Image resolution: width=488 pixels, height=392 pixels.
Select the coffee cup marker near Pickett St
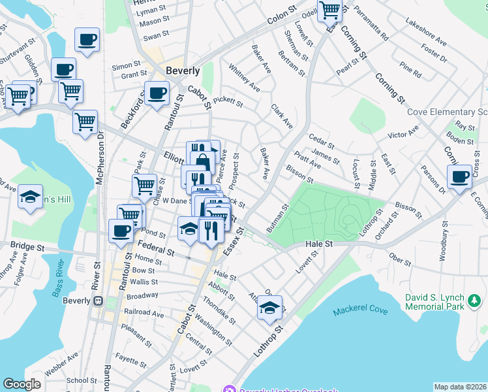click(157, 93)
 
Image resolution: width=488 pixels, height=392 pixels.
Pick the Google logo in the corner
click(22, 385)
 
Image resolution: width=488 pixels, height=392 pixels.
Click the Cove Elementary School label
click(447, 112)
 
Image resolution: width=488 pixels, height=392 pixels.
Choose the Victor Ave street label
click(403, 136)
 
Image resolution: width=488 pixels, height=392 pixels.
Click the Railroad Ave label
click(145, 313)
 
